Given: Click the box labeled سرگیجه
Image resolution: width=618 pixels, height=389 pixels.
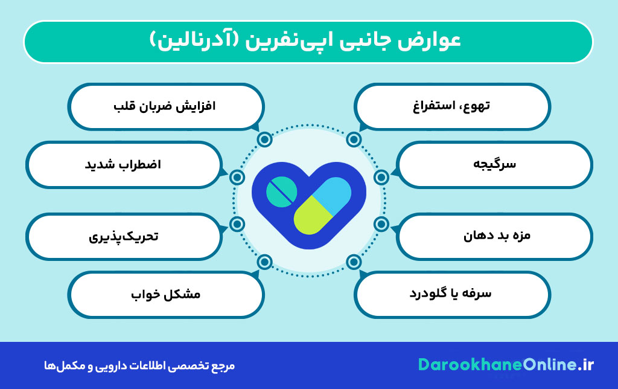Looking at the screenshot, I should (x=494, y=164).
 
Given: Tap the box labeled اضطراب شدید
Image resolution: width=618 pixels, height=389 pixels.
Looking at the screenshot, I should (x=124, y=164).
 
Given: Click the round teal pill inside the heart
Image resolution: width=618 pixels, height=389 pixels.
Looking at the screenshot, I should (x=281, y=191).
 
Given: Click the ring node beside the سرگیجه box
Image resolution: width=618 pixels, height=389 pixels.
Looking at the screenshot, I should (x=381, y=177).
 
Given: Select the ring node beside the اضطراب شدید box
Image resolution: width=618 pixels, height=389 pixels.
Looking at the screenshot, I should (x=237, y=177).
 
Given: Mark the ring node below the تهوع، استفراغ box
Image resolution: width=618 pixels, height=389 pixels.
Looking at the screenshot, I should (x=354, y=140).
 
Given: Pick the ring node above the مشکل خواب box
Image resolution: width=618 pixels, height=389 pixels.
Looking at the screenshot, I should (x=264, y=262).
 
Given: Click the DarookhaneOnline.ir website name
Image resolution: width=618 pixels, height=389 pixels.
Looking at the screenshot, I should (x=506, y=365).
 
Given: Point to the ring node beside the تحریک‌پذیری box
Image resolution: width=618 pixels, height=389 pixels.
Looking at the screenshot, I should (x=237, y=224).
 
